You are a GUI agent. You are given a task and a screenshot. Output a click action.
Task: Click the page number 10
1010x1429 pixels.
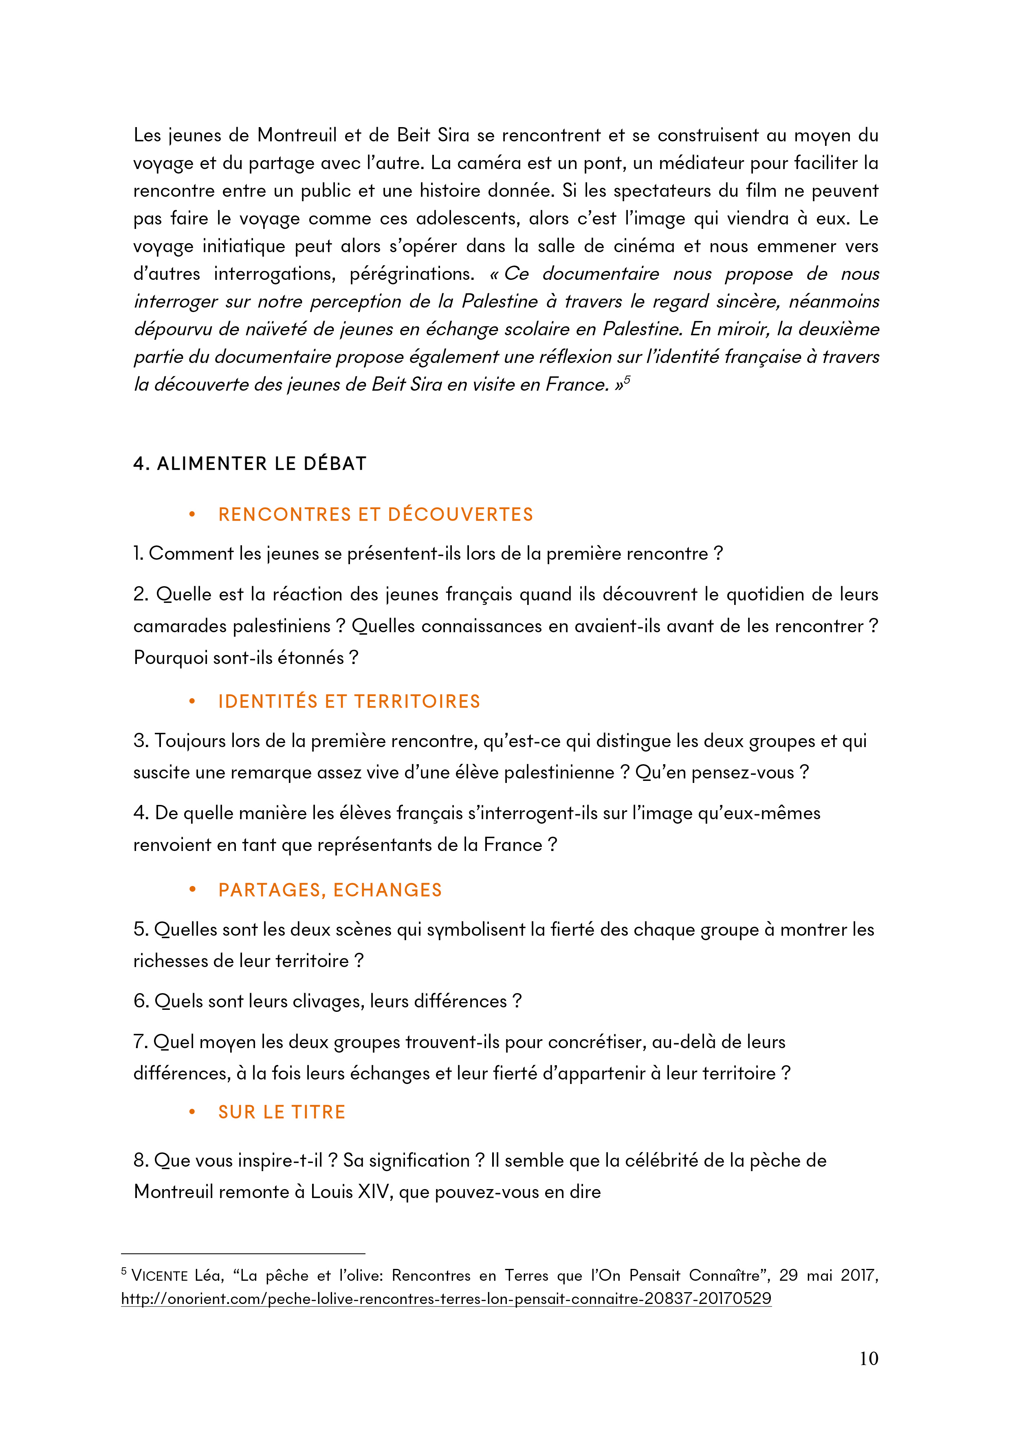click(x=868, y=1358)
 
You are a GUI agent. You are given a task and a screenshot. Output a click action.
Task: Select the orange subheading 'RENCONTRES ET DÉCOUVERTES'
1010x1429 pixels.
click(x=375, y=515)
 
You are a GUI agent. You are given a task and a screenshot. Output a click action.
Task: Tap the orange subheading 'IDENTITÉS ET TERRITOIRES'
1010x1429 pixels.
click(x=349, y=701)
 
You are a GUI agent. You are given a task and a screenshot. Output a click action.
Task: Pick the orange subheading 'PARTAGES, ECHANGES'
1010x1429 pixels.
click(x=330, y=890)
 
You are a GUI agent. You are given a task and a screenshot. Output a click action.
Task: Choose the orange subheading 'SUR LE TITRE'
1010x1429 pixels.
click(x=281, y=1112)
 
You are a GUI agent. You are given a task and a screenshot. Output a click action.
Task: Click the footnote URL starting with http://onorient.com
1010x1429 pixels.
click(x=446, y=1299)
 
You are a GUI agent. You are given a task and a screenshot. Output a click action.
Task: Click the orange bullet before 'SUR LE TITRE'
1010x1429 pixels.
click(x=192, y=1112)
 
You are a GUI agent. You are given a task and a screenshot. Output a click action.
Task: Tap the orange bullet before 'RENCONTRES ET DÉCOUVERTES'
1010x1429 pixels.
click(x=192, y=515)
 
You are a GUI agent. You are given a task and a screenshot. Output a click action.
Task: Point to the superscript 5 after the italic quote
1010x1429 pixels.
click(x=627, y=379)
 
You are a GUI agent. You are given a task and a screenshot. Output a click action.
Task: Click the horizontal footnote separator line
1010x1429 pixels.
click(x=243, y=1253)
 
